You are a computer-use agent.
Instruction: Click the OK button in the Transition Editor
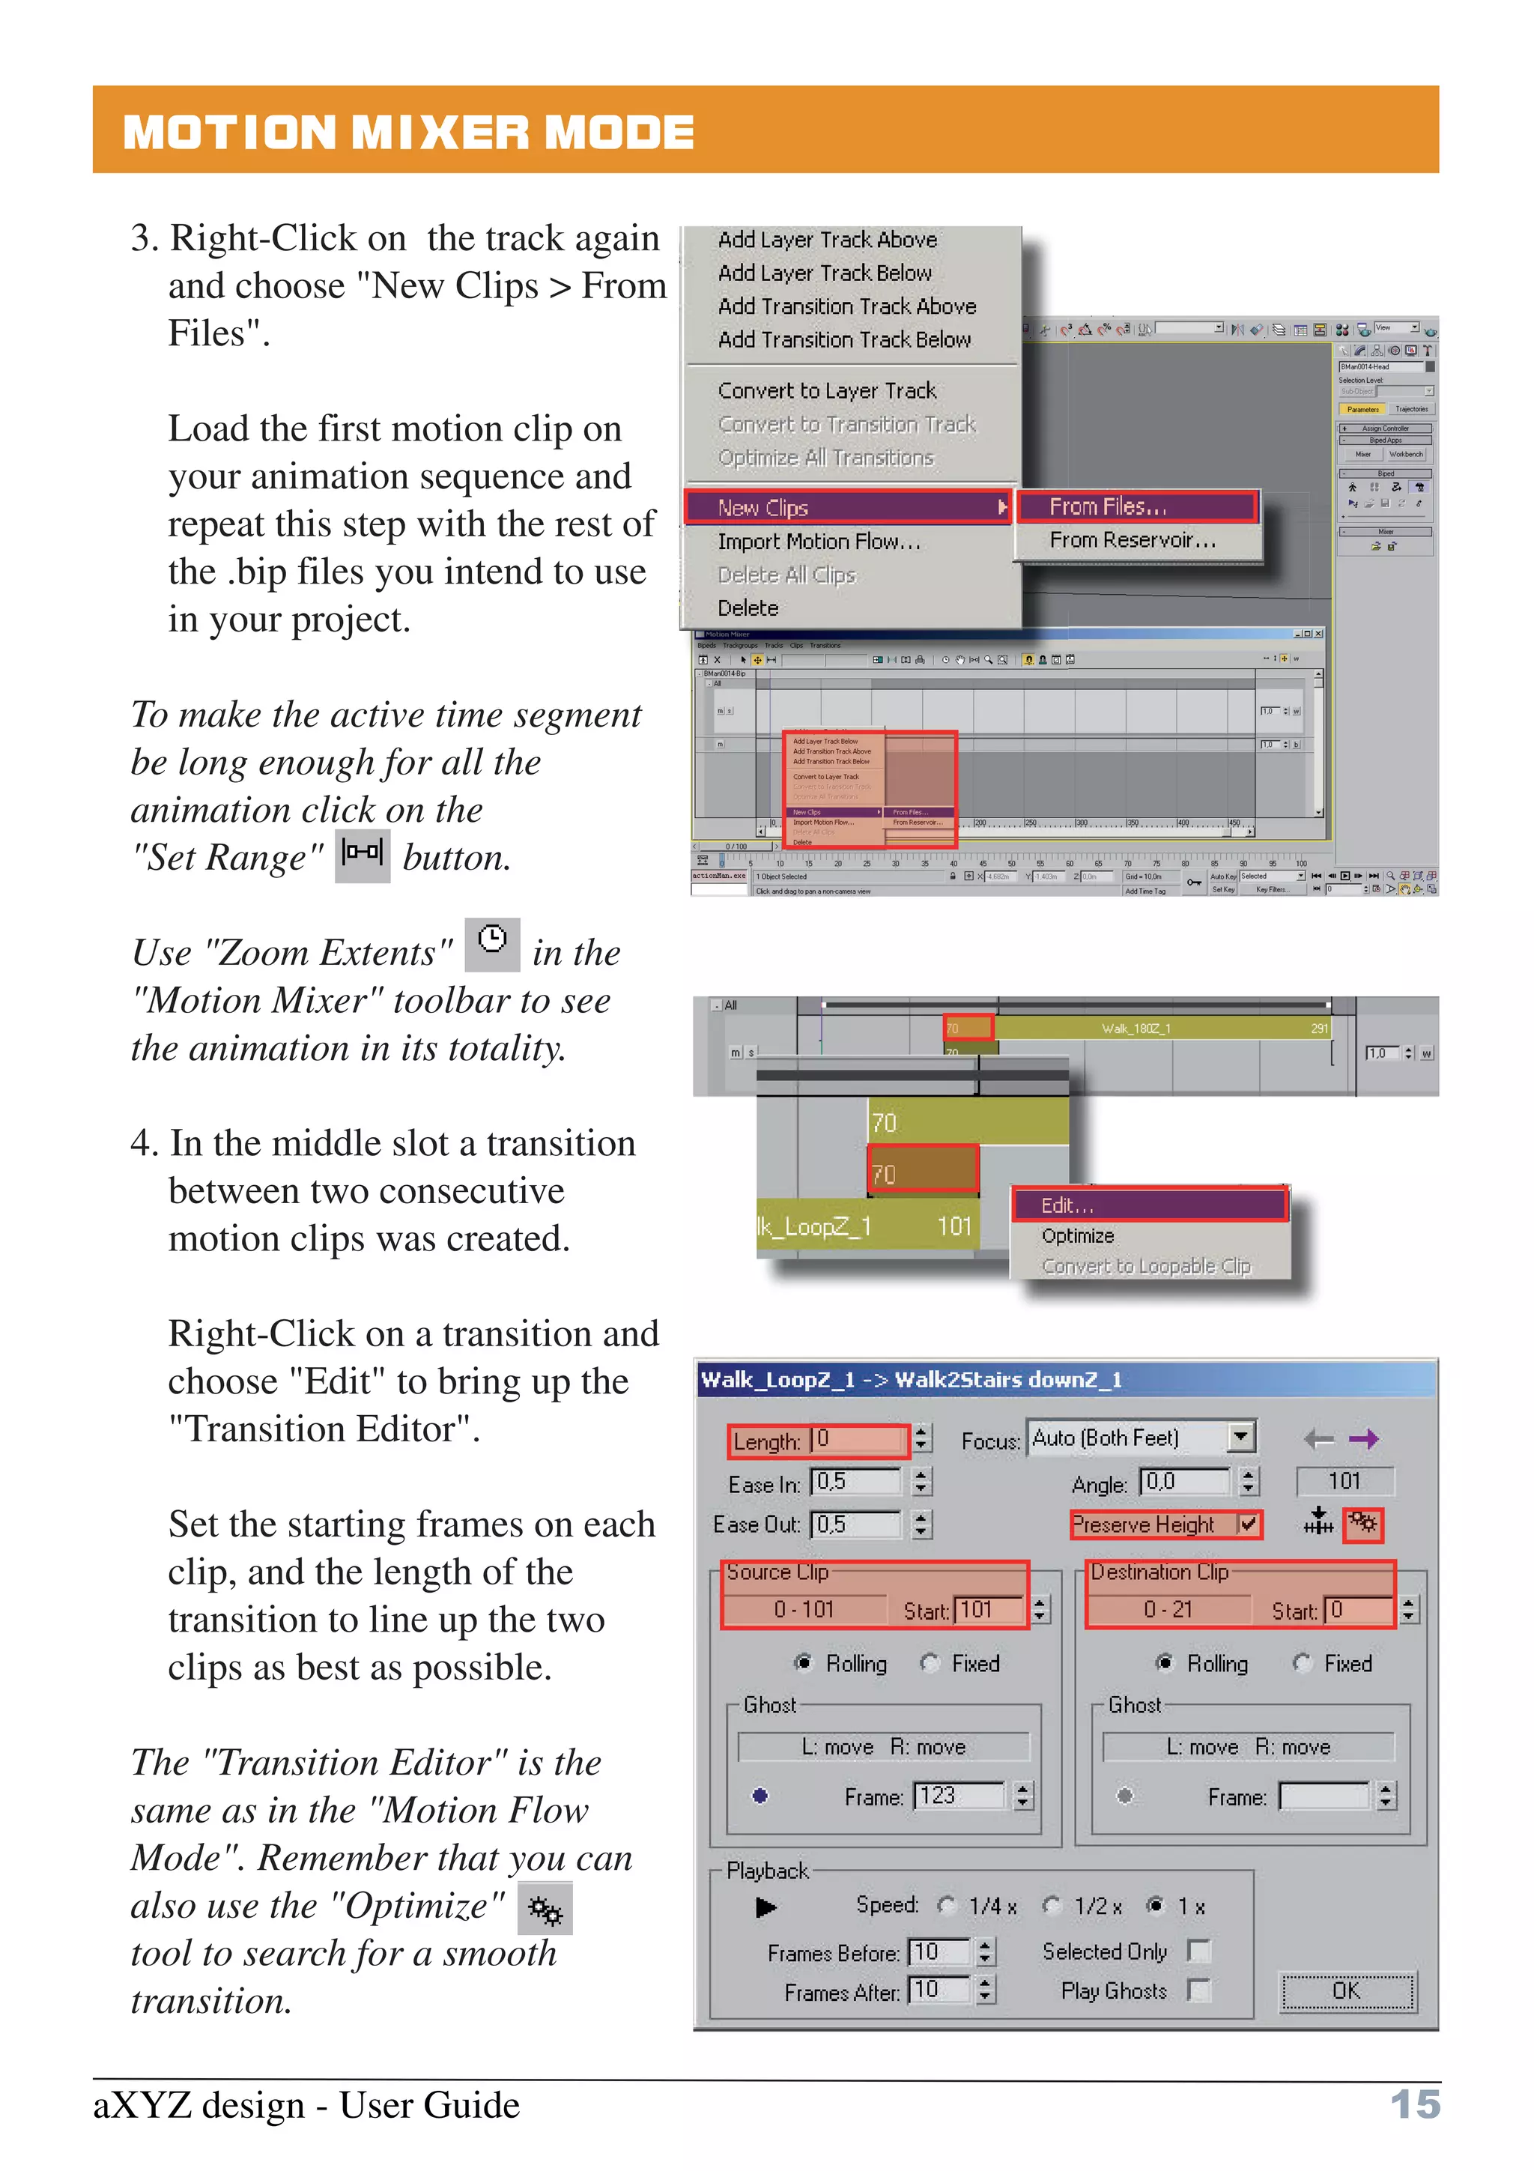click(x=1347, y=1990)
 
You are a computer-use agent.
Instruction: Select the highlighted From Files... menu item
click(x=1137, y=507)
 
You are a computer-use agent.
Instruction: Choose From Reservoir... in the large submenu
click(x=1133, y=540)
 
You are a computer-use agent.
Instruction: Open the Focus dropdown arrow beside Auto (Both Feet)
click(x=1241, y=1438)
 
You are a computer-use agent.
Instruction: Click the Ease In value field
click(x=856, y=1482)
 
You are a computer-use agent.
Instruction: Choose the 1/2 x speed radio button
click(x=1052, y=1905)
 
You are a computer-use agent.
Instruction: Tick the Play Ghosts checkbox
click(x=1198, y=1990)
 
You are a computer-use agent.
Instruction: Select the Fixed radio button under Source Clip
click(x=931, y=1662)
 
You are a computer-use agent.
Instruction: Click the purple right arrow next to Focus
click(x=1364, y=1439)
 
